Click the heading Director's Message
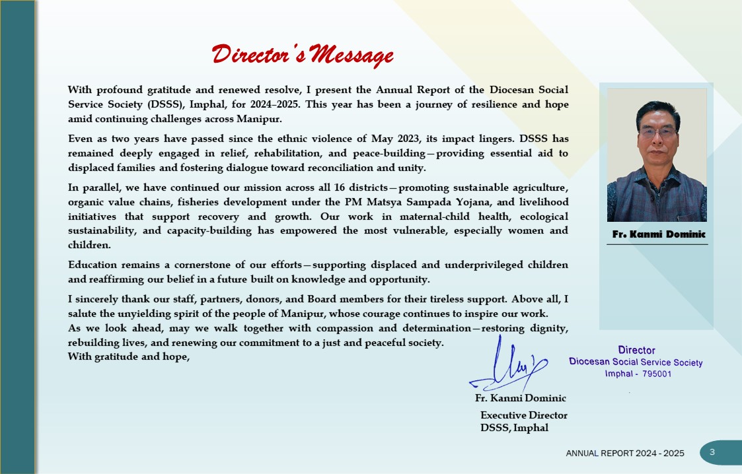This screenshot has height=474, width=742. click(x=303, y=55)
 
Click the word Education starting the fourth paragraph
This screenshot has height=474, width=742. click(x=93, y=265)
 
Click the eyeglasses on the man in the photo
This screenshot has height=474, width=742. click(x=657, y=132)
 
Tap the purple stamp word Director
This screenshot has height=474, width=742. click(x=636, y=350)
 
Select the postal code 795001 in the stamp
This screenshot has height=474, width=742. click(x=657, y=374)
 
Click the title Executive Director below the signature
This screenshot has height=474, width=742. click(x=523, y=415)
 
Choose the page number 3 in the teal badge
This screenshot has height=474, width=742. click(x=712, y=452)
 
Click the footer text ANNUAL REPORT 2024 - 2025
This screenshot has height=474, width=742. click(x=625, y=454)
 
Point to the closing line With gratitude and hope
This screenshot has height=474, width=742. click(x=129, y=356)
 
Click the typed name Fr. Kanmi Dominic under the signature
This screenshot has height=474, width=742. click(x=521, y=398)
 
